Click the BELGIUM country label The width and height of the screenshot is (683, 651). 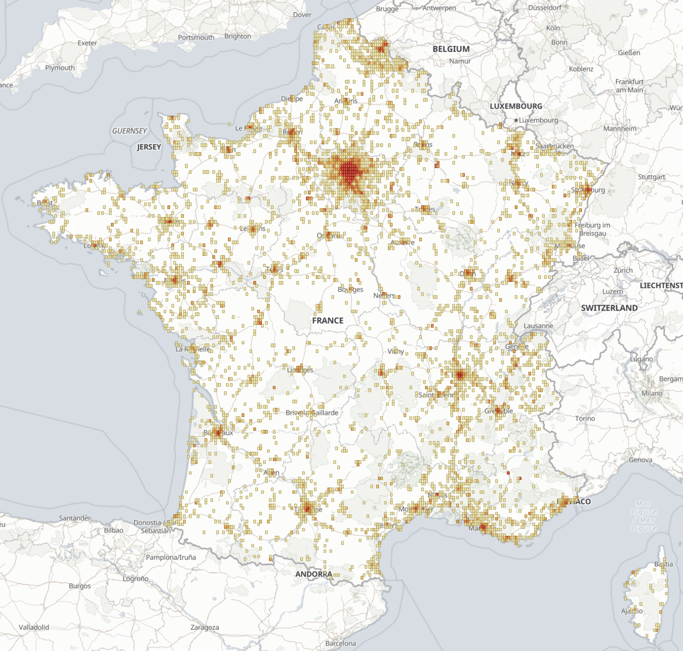tap(451, 49)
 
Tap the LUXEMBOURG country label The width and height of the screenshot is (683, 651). tap(516, 106)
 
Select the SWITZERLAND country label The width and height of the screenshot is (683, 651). tap(609, 308)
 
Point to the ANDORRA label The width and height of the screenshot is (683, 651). tap(314, 574)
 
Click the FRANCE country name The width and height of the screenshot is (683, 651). tap(328, 320)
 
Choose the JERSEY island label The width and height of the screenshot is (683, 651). tap(149, 147)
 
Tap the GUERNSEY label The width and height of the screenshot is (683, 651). tap(129, 131)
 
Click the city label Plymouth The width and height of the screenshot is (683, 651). tap(60, 68)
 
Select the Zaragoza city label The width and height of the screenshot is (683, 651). tap(205, 627)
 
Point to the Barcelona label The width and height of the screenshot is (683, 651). tap(341, 643)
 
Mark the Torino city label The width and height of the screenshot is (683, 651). tap(585, 418)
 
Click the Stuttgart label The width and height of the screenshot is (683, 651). tap(651, 177)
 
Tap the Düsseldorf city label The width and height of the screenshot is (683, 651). tap(545, 7)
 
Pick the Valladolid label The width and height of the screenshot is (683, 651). tap(33, 627)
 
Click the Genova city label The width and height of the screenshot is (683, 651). tap(640, 460)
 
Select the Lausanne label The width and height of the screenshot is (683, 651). tap(538, 325)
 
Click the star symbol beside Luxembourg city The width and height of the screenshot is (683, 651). tap(516, 120)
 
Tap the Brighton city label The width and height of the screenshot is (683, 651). tap(237, 36)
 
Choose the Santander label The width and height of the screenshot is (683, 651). tap(74, 518)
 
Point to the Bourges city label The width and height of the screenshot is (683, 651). tap(350, 289)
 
